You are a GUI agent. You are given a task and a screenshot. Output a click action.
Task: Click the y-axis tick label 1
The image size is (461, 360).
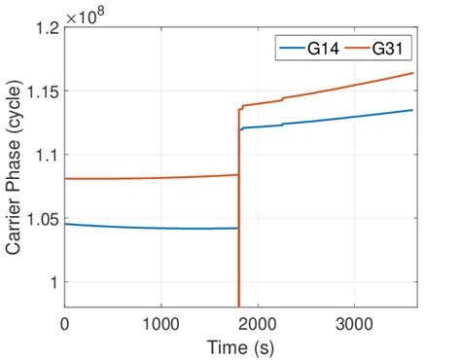coord(52,281)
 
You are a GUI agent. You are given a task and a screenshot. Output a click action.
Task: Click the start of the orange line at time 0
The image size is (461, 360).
coord(65,179)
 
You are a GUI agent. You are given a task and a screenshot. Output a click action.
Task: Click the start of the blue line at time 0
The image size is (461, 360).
coord(65,224)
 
